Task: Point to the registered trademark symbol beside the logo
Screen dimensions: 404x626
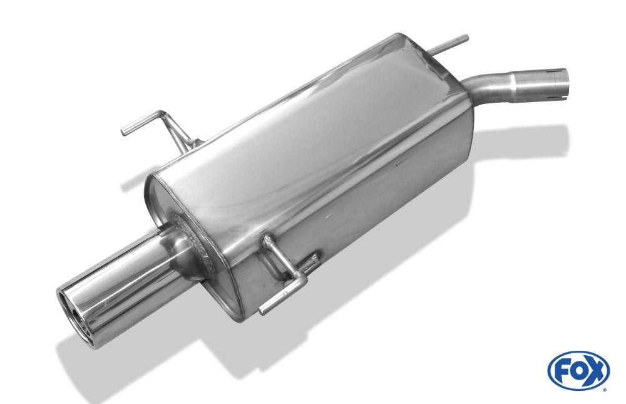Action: coord(604,389)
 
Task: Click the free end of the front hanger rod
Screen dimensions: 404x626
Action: coord(263,310)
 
